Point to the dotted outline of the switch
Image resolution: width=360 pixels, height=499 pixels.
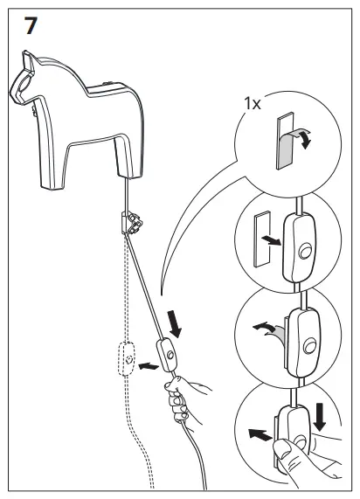(128, 357)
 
